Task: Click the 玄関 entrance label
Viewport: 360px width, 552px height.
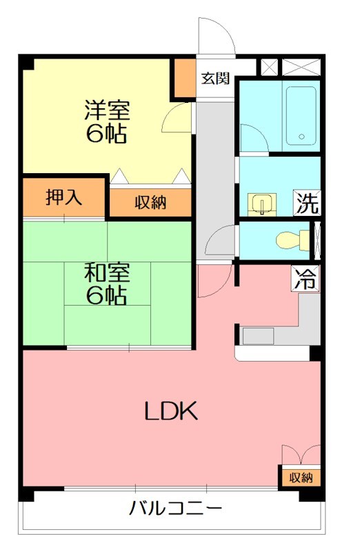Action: pos(214,78)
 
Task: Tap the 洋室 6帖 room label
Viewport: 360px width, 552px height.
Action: pos(107,121)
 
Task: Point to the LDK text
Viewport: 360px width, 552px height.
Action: pos(171,412)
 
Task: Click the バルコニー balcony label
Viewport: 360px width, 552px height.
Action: pos(176,510)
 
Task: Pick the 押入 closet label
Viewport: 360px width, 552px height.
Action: pos(64,198)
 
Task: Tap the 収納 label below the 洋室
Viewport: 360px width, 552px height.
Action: pos(150,203)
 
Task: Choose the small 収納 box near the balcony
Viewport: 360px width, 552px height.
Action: pos(301,477)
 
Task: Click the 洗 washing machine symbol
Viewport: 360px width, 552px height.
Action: pos(307,203)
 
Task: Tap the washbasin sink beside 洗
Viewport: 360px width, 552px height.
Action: pos(263,204)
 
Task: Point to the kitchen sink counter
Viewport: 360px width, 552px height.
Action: pos(258,337)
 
